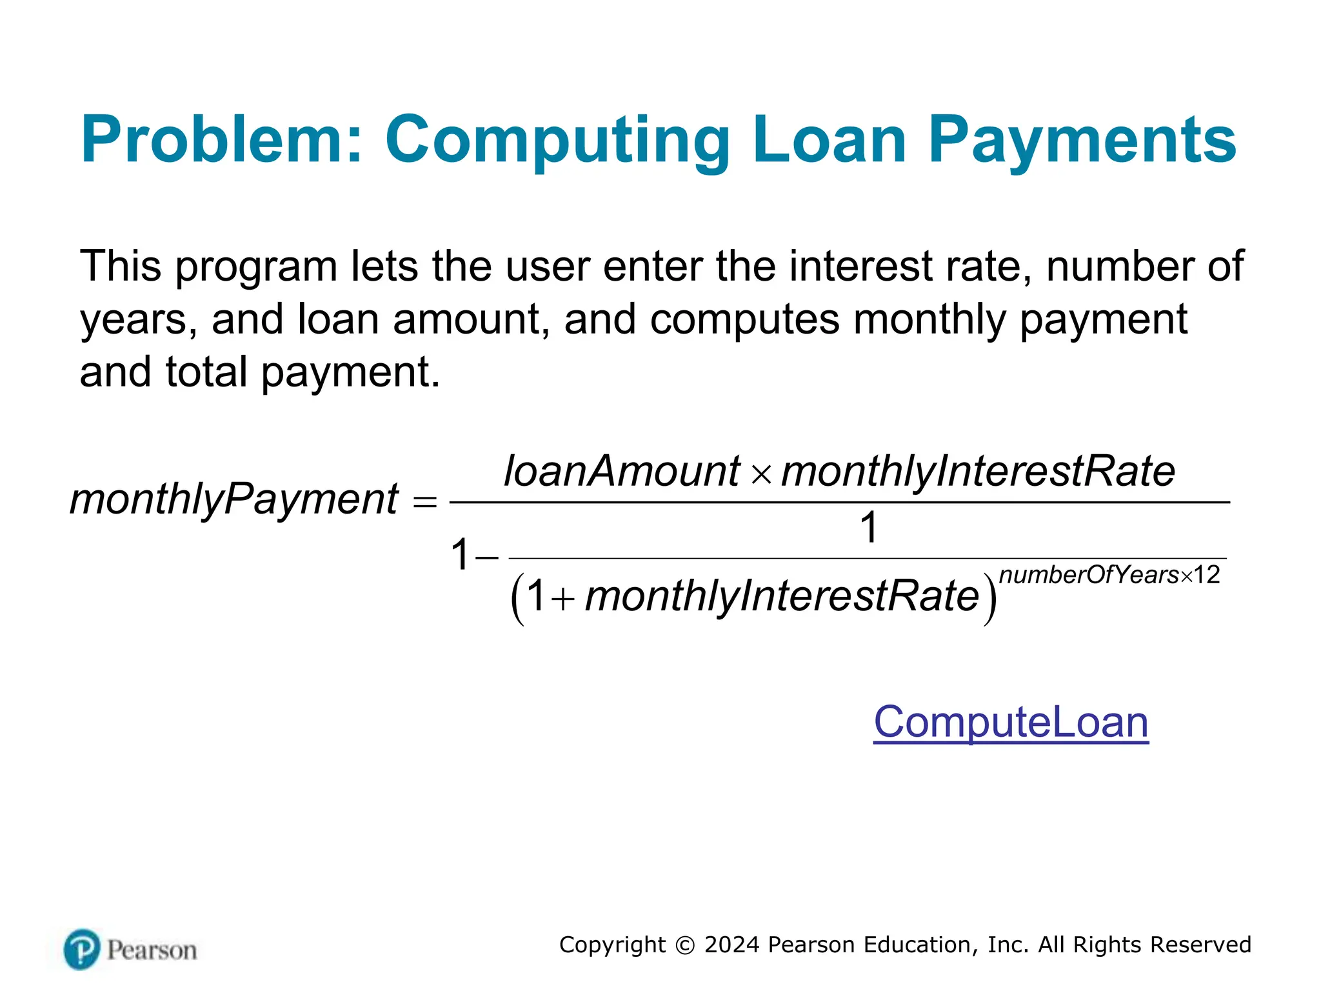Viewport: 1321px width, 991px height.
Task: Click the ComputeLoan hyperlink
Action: pyautogui.click(x=1011, y=722)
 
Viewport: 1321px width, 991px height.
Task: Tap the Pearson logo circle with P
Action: pyautogui.click(x=82, y=949)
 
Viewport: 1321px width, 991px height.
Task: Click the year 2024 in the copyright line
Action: pyautogui.click(x=731, y=945)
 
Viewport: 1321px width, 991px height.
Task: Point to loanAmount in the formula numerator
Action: pyautogui.click(x=622, y=471)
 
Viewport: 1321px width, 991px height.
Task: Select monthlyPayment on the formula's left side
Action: pyautogui.click(x=233, y=499)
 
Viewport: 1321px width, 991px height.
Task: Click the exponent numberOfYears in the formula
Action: pyautogui.click(x=1089, y=574)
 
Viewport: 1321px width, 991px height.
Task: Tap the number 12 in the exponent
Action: pyautogui.click(x=1207, y=574)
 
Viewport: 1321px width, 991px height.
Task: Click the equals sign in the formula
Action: pyautogui.click(x=424, y=501)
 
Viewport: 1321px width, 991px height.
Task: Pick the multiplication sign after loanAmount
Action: pyautogui.click(x=762, y=475)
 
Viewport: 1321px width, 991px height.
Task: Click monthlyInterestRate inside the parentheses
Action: pyautogui.click(x=782, y=596)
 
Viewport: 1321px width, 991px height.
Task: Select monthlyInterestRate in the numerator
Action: pyautogui.click(x=978, y=471)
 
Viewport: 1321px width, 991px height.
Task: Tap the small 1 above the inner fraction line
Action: pyautogui.click(x=869, y=527)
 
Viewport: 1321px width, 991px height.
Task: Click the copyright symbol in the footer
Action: pyautogui.click(x=684, y=945)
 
